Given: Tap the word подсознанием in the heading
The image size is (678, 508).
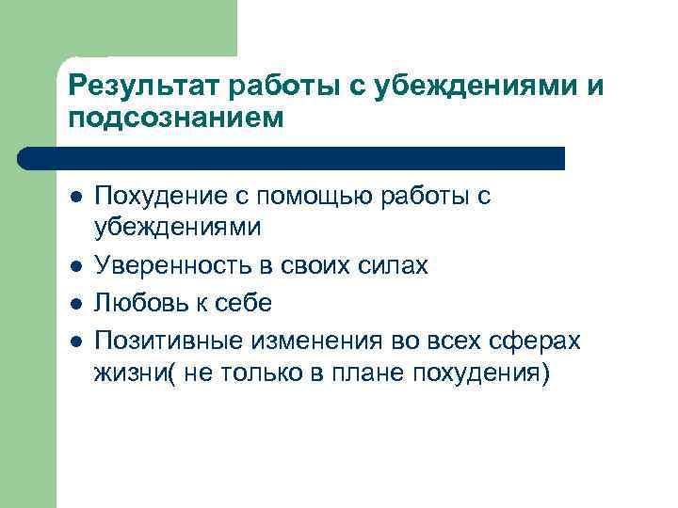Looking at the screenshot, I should pyautogui.click(x=175, y=119).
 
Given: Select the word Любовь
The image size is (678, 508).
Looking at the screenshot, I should pyautogui.click(x=137, y=303).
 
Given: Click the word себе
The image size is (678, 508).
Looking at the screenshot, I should pyautogui.click(x=243, y=303).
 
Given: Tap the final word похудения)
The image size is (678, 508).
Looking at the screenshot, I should pyautogui.click(x=481, y=373).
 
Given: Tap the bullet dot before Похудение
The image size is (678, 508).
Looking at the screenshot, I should pyautogui.click(x=76, y=198).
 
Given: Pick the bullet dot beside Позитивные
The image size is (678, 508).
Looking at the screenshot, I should pyautogui.click(x=76, y=341).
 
